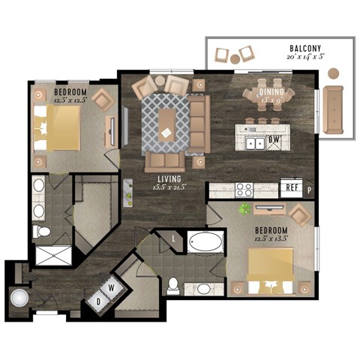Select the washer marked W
coord(112,286)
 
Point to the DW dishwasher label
coord(274,139)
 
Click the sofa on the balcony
coord(333,109)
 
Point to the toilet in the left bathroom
coord(39,231)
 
